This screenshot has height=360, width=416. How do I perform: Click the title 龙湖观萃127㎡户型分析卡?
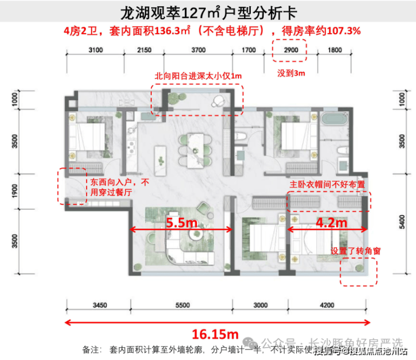pyautogui.click(x=209, y=12)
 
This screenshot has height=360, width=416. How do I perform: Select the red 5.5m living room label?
pyautogui.click(x=181, y=223)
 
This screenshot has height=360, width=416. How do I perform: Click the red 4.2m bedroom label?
pyautogui.click(x=327, y=223)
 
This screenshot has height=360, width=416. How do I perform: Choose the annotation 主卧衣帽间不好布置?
pyautogui.click(x=327, y=184)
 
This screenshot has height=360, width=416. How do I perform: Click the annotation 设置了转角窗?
pyautogui.click(x=355, y=251)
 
